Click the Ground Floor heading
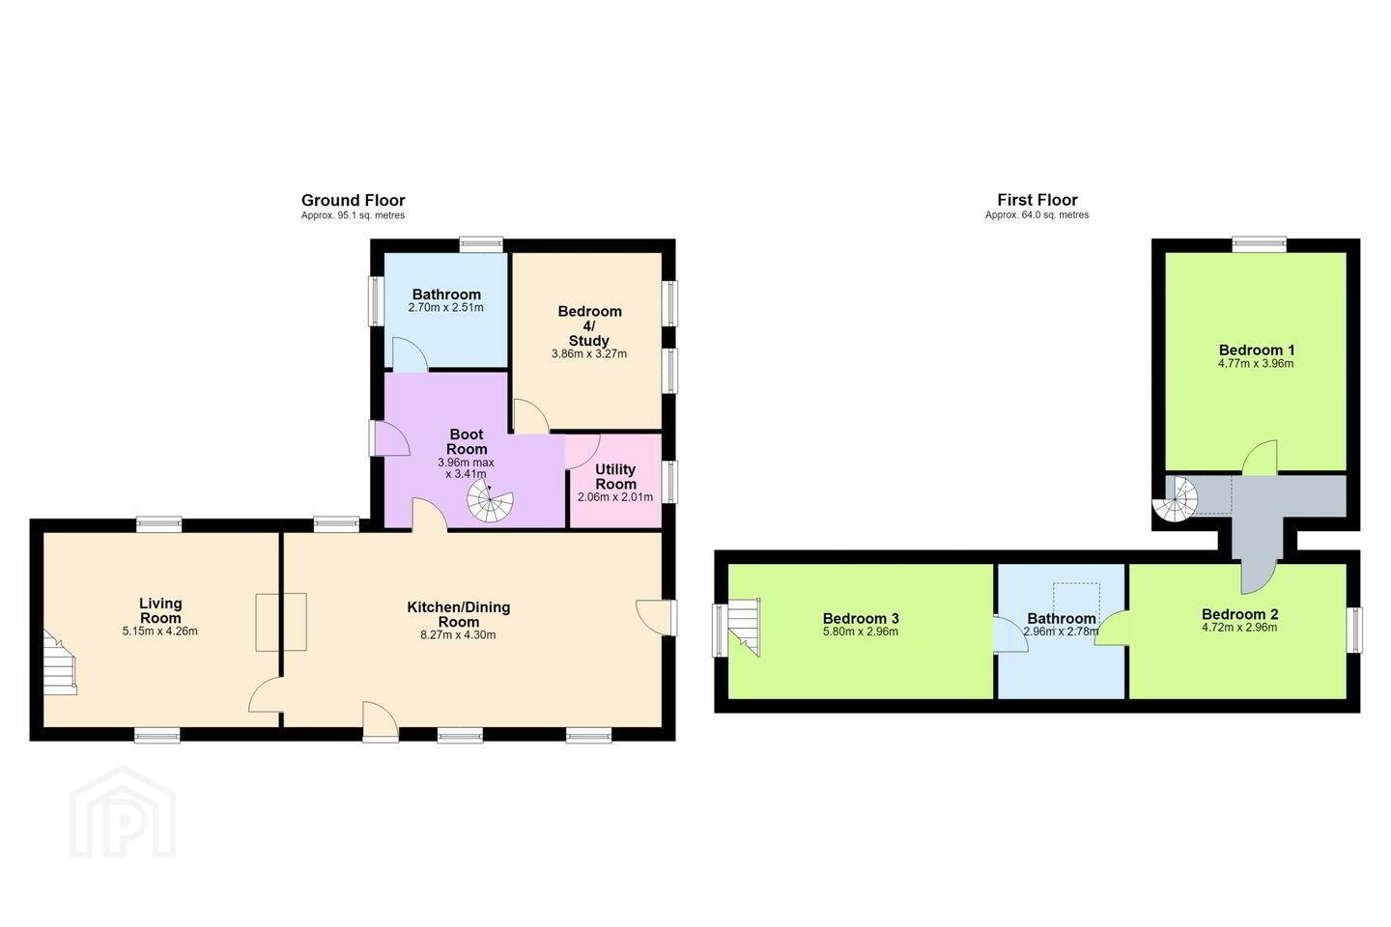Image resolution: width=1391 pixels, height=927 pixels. (353, 201)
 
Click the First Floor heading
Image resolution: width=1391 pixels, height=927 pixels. (1037, 200)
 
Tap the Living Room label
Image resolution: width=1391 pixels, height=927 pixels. (160, 610)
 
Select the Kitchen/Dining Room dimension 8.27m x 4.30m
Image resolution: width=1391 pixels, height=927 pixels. (458, 635)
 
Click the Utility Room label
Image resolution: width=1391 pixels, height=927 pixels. (615, 476)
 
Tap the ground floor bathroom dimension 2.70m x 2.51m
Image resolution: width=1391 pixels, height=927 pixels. (446, 307)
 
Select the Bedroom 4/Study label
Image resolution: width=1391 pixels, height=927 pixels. (589, 326)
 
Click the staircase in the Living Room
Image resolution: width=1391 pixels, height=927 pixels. (60, 661)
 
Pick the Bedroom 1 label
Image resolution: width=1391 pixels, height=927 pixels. (1256, 350)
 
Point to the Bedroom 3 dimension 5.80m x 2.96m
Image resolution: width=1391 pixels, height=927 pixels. (861, 632)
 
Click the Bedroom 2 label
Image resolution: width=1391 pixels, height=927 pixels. (1240, 614)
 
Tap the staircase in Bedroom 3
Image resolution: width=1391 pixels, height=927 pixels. (744, 627)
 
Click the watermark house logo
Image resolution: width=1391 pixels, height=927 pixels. (123, 812)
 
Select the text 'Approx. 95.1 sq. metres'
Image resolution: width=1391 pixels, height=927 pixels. (353, 215)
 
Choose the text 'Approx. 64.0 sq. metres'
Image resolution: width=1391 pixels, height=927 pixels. (1037, 214)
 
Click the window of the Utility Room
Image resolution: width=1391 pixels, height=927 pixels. (669, 482)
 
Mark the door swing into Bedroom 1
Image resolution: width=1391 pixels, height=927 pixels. (1260, 458)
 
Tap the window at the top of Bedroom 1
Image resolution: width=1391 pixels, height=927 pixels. (1260, 244)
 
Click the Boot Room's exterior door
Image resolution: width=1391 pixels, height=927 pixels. (389, 438)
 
